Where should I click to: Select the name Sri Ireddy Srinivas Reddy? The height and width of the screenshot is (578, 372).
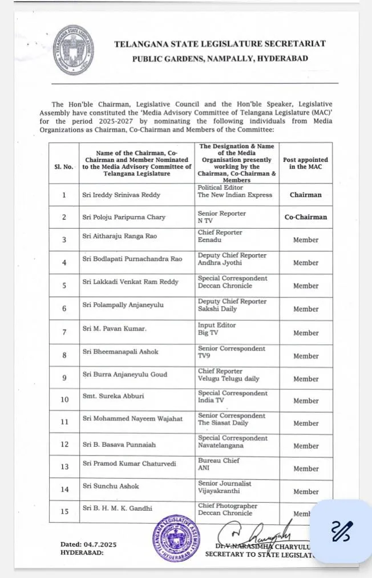pos(121,195)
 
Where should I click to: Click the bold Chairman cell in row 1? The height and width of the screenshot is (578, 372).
pos(305,195)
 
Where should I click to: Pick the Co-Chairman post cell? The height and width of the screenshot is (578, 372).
pos(305,217)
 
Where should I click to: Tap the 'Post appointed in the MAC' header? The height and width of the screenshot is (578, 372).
pos(305,164)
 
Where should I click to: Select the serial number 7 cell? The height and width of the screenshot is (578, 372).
pos(64,332)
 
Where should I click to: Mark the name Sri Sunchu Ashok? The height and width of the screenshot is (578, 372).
pos(111,486)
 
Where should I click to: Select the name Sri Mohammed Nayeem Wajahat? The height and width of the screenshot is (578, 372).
pos(133,419)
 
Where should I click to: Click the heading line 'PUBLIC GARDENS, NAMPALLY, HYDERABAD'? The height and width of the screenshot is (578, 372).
pos(220,58)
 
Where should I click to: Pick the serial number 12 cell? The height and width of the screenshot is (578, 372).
pos(64,445)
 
